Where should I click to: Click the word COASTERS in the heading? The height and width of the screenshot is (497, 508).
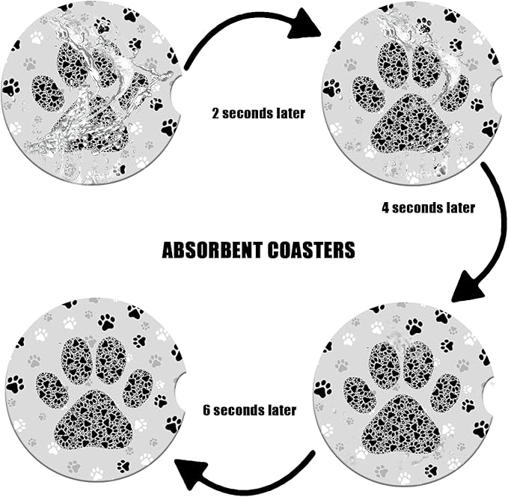(x=311, y=250)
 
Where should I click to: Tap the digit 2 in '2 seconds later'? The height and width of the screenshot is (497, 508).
(x=215, y=114)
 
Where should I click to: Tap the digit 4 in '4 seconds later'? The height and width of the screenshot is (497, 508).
(x=385, y=207)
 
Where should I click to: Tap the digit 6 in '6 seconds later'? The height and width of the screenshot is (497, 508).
(x=206, y=410)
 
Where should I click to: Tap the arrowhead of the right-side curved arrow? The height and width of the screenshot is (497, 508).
(x=468, y=287)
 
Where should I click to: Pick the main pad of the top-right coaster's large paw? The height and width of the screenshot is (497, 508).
(x=412, y=124)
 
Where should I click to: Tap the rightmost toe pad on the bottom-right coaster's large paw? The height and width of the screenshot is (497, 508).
(x=446, y=393)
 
